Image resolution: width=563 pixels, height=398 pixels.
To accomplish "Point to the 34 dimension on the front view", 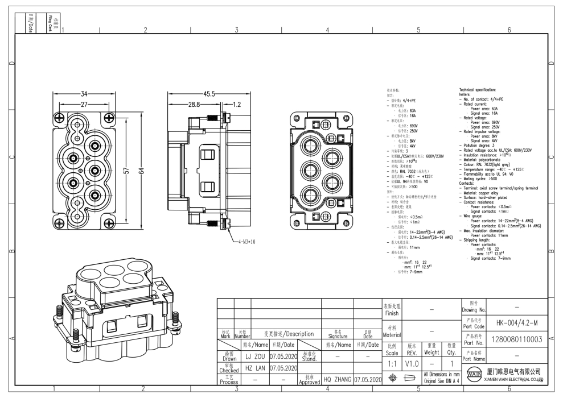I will (x=84, y=94).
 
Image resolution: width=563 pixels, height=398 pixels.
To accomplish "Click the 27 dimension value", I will (x=84, y=105).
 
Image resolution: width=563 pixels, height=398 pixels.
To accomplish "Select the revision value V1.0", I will (x=413, y=362).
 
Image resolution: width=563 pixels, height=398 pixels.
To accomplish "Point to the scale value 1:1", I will (x=391, y=362).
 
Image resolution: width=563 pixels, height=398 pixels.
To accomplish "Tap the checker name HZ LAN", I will (x=256, y=368).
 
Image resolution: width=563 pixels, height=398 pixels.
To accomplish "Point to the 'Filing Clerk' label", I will (x=50, y=23).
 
